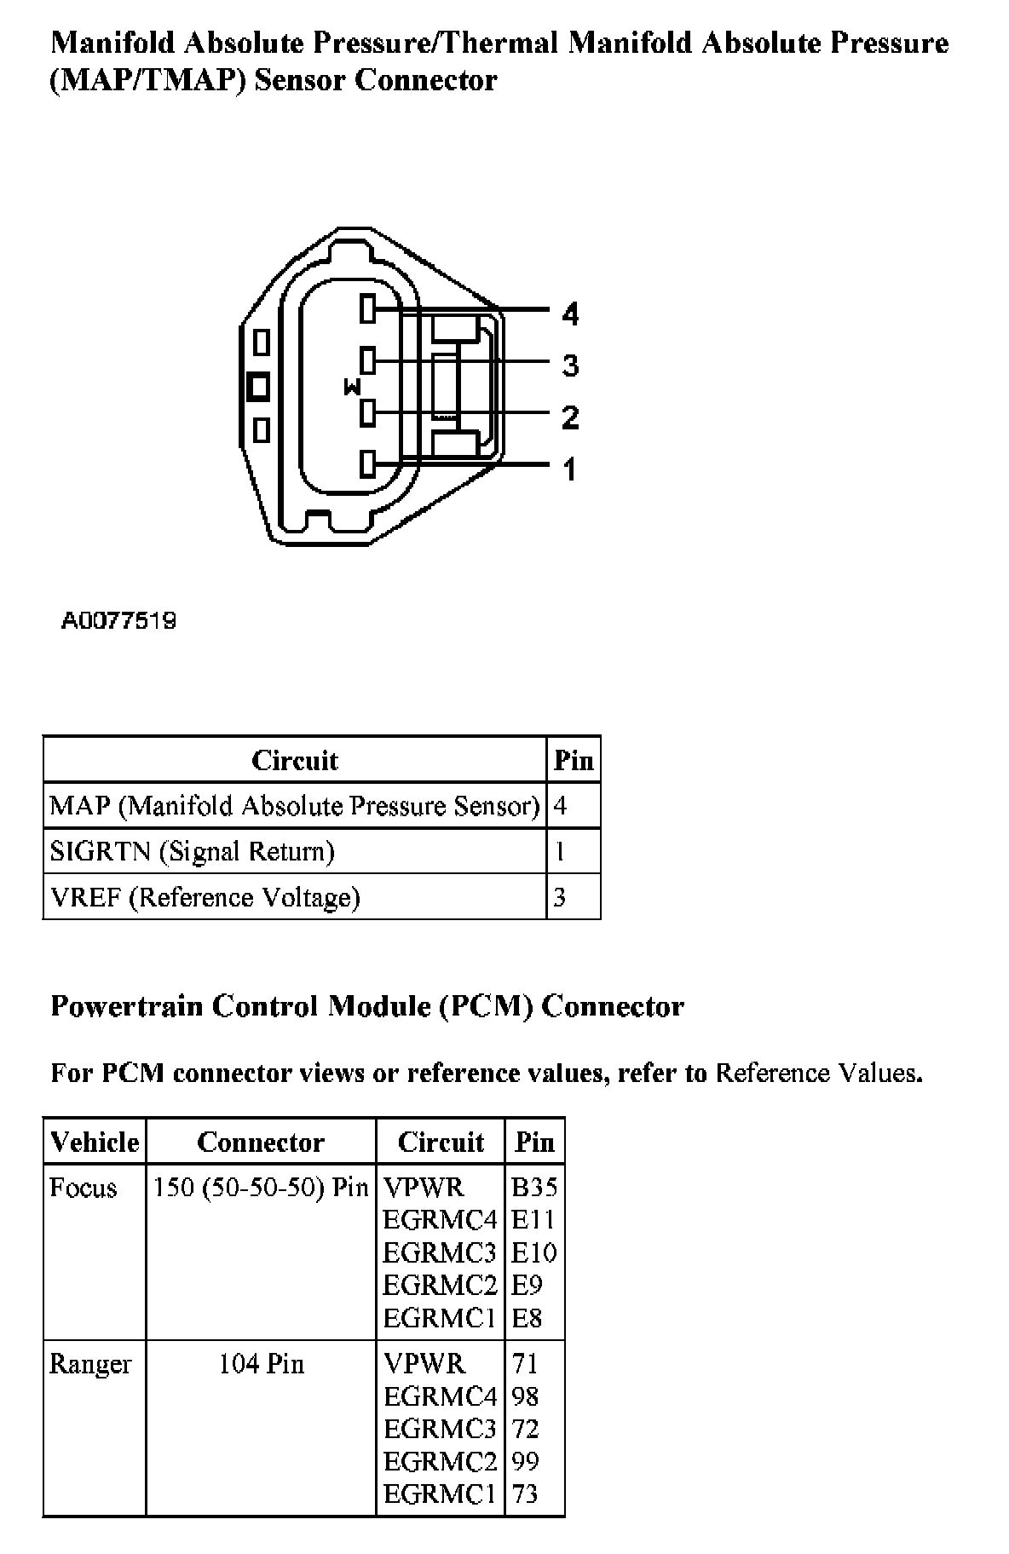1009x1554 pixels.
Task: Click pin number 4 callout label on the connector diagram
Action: point(570,314)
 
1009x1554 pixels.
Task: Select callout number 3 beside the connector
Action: point(570,365)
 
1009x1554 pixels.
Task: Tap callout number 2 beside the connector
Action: point(570,417)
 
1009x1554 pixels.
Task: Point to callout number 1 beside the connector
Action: point(569,469)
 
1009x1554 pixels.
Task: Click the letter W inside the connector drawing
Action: point(351,388)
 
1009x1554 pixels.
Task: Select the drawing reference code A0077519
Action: point(118,620)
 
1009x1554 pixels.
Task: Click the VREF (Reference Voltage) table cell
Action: point(205,897)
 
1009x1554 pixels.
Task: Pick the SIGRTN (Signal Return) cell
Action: point(192,851)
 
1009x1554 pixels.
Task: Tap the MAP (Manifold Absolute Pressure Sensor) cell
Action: point(294,806)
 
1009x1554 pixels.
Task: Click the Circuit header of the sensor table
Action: point(294,760)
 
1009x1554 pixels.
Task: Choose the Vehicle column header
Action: point(95,1142)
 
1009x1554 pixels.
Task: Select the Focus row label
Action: point(83,1188)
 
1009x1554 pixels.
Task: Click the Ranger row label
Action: point(90,1364)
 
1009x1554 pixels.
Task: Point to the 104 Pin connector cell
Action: point(261,1364)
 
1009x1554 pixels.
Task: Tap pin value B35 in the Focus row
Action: point(534,1188)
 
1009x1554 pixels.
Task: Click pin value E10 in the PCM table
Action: point(533,1252)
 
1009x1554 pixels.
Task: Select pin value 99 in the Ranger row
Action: point(525,1461)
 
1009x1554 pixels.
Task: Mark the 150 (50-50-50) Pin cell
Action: point(261,1188)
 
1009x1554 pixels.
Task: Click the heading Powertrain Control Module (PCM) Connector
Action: point(367,1006)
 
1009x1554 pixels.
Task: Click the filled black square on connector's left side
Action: point(258,386)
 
